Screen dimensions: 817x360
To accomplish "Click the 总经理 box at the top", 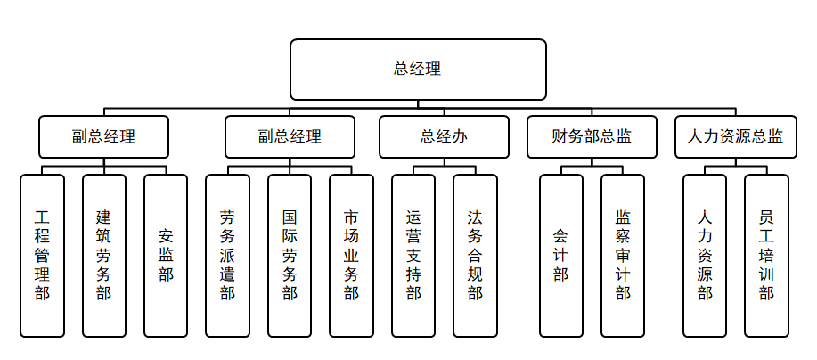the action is [418, 70].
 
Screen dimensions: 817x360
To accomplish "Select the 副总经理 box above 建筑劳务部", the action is [103, 136].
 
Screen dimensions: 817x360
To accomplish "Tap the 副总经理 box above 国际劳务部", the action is [290, 136].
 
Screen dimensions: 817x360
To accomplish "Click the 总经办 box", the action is [444, 136].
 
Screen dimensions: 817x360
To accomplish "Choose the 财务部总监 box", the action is [592, 136].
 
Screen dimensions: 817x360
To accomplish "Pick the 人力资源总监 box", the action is [736, 136].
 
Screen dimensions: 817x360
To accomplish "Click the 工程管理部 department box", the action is [42, 255].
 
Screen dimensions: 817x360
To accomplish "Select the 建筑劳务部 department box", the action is [104, 255].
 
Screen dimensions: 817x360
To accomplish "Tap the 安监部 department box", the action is [166, 255].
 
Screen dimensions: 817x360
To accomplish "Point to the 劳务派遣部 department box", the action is [228, 255].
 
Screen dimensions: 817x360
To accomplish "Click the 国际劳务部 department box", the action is [290, 255].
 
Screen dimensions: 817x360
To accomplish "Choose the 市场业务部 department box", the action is [351, 255].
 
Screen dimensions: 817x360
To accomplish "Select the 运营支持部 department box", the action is [413, 255].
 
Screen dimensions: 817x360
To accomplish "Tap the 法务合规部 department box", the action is [475, 255].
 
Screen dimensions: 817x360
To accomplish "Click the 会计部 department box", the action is [561, 255].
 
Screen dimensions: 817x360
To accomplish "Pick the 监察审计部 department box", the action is [623, 255].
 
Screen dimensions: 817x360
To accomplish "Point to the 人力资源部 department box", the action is [705, 255].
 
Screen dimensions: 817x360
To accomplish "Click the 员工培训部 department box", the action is [766, 255].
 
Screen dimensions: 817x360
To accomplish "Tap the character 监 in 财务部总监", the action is [625, 136].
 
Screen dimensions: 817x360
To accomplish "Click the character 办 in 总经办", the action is [460, 136].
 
